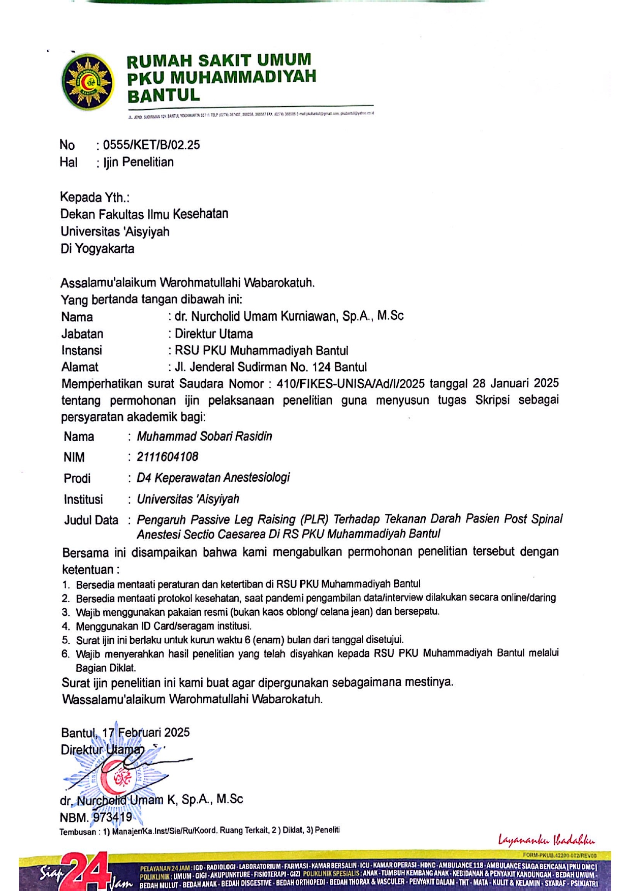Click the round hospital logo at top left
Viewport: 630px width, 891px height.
pyautogui.click(x=88, y=82)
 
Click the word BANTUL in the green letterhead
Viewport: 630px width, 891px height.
pyautogui.click(x=163, y=95)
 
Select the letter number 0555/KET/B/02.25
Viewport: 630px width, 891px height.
pyautogui.click(x=151, y=145)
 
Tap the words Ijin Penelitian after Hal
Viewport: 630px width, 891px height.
pyautogui.click(x=139, y=162)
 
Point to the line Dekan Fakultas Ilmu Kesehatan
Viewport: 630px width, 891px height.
pyautogui.click(x=144, y=214)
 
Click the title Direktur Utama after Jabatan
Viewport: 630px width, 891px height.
pyautogui.click(x=214, y=334)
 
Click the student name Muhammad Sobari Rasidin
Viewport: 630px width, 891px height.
pyautogui.click(x=204, y=437)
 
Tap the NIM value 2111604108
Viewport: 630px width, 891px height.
pyautogui.click(x=167, y=457)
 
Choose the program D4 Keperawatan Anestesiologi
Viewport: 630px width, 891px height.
pyautogui.click(x=213, y=478)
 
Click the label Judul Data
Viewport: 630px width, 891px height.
pyautogui.click(x=91, y=520)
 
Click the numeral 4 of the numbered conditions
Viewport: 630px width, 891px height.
pyautogui.click(x=66, y=626)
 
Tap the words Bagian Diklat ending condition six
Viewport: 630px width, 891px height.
pyautogui.click(x=106, y=668)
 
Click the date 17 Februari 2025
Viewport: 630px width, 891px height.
pyautogui.click(x=146, y=733)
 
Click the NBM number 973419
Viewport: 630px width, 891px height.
pyautogui.click(x=112, y=817)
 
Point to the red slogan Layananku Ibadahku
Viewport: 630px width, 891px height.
pyautogui.click(x=546, y=840)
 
